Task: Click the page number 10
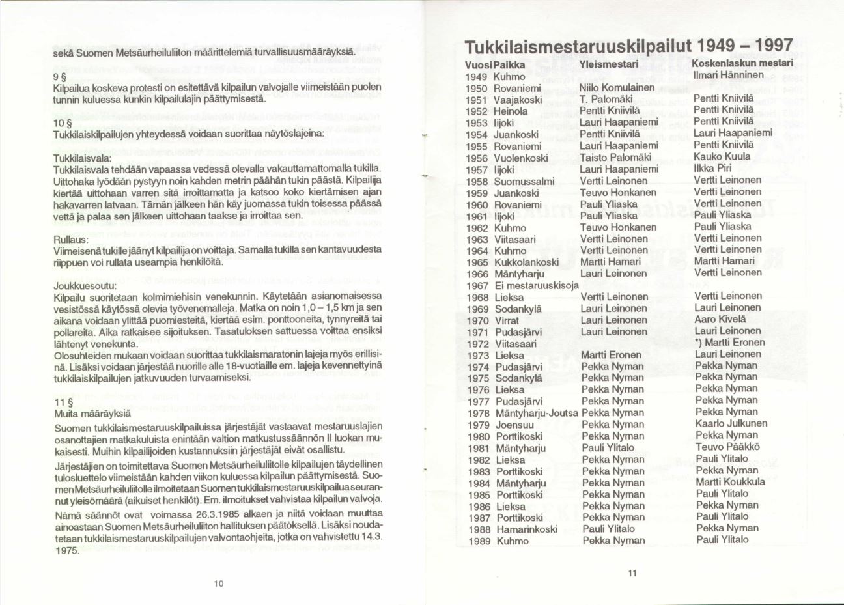[x=218, y=584]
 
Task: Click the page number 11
[x=631, y=573]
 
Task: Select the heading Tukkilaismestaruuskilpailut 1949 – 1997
[x=628, y=47]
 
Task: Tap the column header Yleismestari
[x=608, y=64]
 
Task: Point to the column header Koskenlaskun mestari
[x=741, y=63]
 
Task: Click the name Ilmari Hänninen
[x=728, y=74]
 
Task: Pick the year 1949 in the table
[x=477, y=76]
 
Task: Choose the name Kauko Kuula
[x=722, y=156]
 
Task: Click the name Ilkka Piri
[x=712, y=168]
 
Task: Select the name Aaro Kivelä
[x=718, y=319]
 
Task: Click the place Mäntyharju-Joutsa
[x=537, y=413]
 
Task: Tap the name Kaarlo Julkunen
[x=731, y=423]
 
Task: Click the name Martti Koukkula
[x=730, y=482]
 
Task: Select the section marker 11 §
[x=63, y=401]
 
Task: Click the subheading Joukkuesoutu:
[x=85, y=285]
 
